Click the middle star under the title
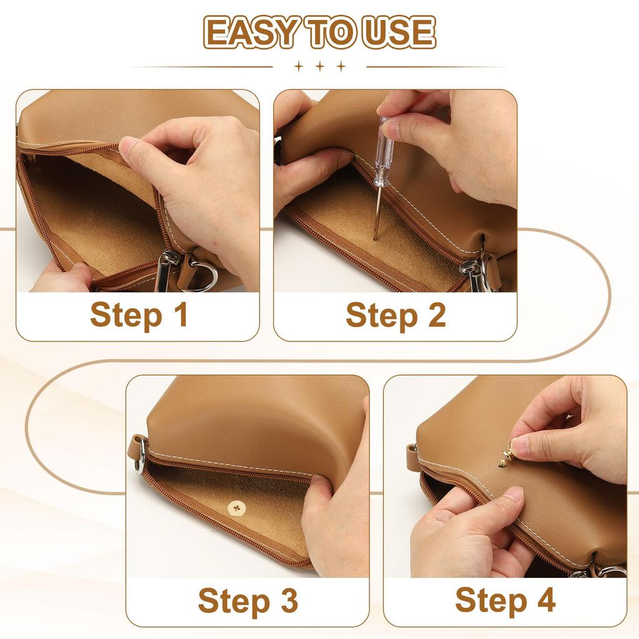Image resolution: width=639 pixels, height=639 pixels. click(x=320, y=66)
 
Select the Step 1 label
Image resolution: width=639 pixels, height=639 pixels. click(x=139, y=315)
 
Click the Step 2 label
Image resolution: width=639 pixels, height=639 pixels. click(x=396, y=315)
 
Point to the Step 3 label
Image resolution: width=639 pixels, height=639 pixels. click(x=248, y=600)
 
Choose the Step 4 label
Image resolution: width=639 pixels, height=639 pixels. click(x=505, y=600)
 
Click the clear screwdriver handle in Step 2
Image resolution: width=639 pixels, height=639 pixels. click(x=384, y=151)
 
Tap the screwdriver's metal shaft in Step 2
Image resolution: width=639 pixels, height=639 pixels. click(x=378, y=213)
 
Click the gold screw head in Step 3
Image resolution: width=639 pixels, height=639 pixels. click(x=237, y=508)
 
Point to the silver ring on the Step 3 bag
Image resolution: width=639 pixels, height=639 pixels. click(x=140, y=456)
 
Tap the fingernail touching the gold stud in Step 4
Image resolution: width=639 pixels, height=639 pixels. click(x=519, y=446)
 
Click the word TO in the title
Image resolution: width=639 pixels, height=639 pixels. click(x=331, y=32)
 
